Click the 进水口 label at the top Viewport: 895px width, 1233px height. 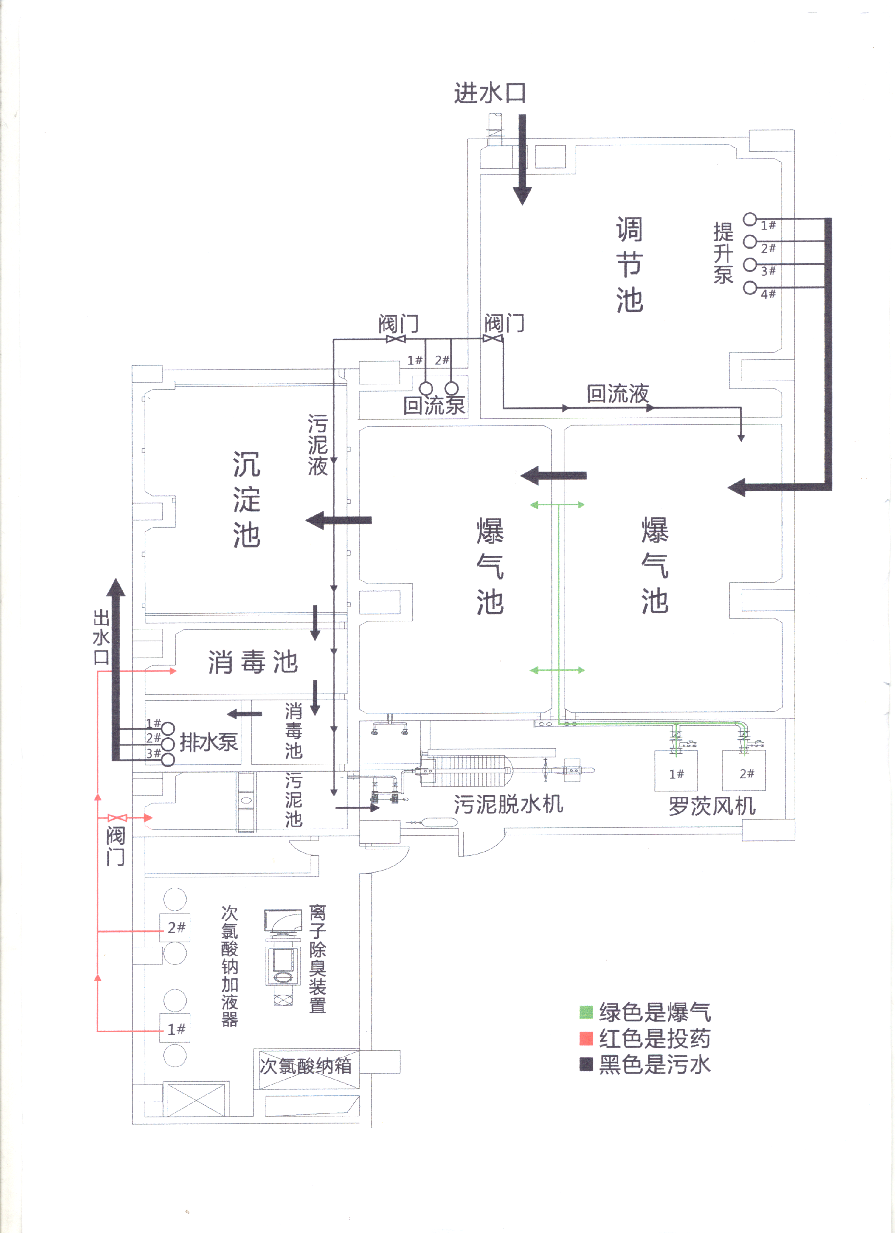(489, 93)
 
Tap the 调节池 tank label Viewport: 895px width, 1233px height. (629, 265)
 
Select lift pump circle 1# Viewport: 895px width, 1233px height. (750, 219)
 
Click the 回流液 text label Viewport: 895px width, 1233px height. (618, 394)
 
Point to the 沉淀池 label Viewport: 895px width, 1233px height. (247, 500)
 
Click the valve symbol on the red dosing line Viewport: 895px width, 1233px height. (117, 818)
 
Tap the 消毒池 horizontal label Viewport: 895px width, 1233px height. (253, 662)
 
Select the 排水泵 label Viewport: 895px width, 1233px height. (209, 742)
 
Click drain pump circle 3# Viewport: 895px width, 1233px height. (168, 759)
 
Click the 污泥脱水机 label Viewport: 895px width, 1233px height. (509, 804)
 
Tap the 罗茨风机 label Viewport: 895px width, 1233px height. (712, 806)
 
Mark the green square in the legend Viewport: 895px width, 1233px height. (586, 1012)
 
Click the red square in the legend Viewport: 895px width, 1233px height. (586, 1038)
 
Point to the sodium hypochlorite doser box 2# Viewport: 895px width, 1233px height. (175, 928)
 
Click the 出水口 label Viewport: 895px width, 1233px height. (101, 637)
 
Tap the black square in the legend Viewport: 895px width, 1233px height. (586, 1064)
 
